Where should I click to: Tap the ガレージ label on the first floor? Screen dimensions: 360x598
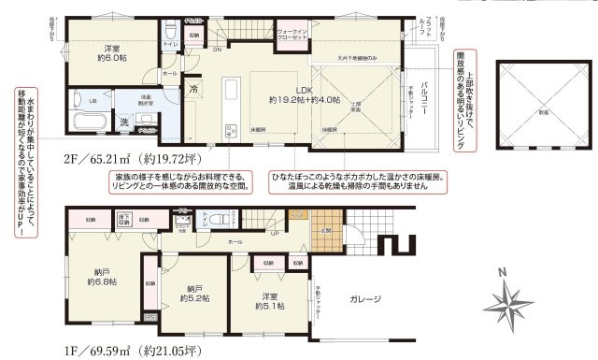365,299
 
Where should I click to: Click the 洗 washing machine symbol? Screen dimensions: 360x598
123,121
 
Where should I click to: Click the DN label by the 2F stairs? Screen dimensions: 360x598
217,49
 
